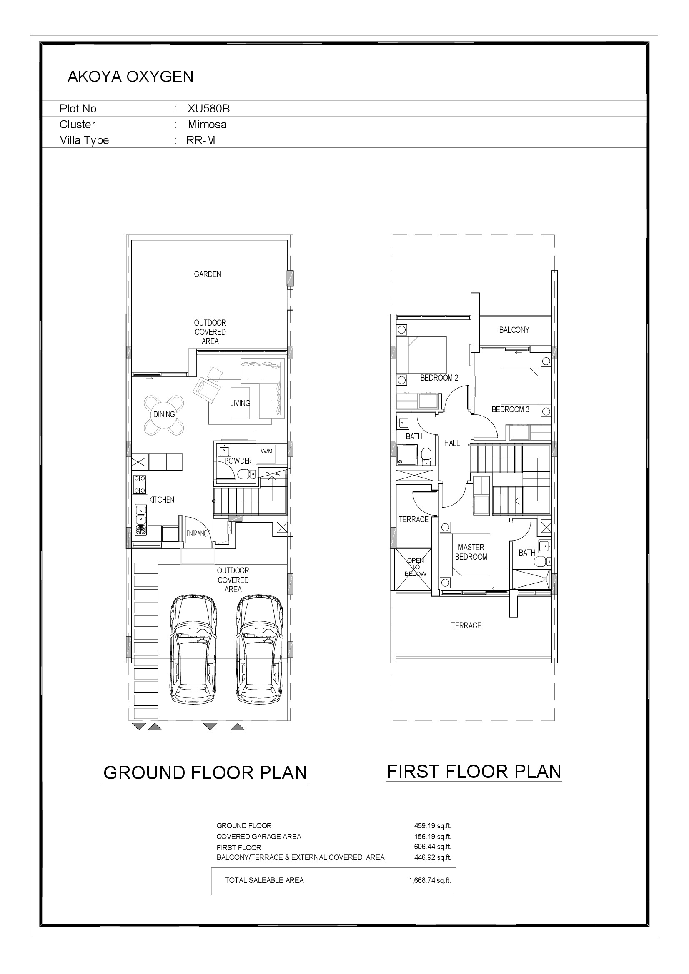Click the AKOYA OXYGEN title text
(x=130, y=77)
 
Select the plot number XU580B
(x=208, y=109)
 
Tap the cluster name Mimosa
(x=207, y=125)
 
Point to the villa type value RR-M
(x=201, y=140)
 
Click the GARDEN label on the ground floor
(x=208, y=274)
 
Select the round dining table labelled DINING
(x=164, y=415)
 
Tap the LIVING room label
(x=240, y=403)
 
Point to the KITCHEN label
(x=161, y=500)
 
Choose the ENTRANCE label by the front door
(x=198, y=533)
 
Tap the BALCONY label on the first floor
(x=514, y=330)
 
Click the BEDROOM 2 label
(x=439, y=378)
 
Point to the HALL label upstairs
(x=452, y=443)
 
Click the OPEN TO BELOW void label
(x=415, y=567)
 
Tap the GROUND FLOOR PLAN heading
(x=205, y=773)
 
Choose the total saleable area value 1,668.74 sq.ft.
(x=430, y=880)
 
